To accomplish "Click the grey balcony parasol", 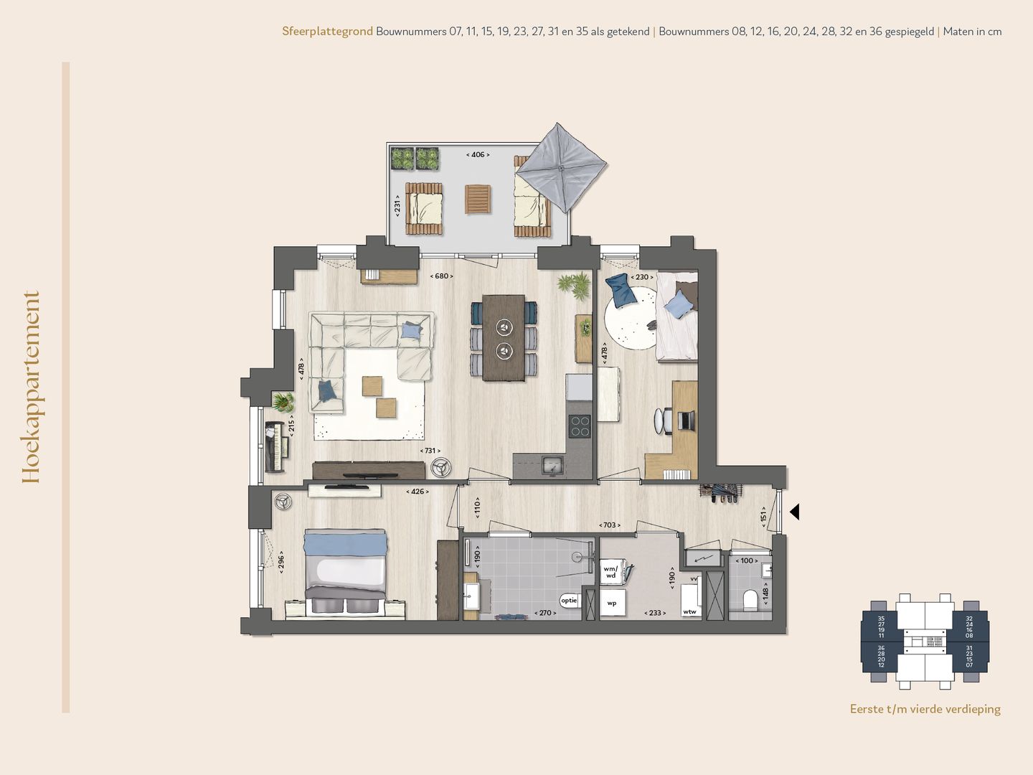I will [561, 168].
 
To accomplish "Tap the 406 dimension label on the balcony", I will [478, 154].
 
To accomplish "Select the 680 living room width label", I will [441, 276].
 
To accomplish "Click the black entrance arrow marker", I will [794, 512].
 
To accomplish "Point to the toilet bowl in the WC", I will [751, 599].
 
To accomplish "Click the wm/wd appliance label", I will [610, 572].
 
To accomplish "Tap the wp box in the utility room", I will [612, 603].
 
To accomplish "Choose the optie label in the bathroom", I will [569, 600].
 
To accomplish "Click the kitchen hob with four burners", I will [580, 426].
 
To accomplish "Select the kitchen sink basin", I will [552, 465].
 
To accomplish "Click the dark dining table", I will [504, 337].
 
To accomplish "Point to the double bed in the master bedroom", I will [346, 570].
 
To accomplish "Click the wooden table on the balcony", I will [478, 199].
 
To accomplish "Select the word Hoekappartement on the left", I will [31, 387].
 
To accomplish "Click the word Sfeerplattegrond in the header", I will [327, 32].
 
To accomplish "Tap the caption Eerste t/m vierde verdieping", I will [925, 709].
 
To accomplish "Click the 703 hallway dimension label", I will [609, 525].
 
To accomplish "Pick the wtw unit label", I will [689, 612].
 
